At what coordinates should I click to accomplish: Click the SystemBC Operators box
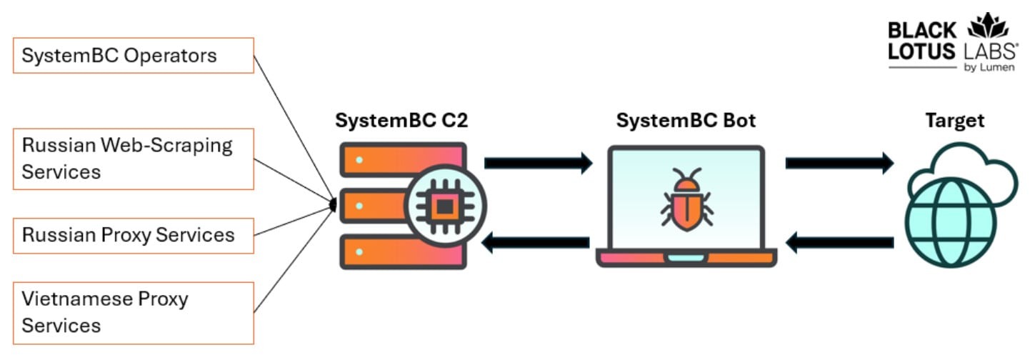coord(134,55)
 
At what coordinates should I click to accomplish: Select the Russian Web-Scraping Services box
coord(134,159)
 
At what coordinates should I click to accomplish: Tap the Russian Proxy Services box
coord(134,235)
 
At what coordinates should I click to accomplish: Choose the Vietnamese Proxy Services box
coord(134,312)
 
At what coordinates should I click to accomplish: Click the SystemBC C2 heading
coord(401,121)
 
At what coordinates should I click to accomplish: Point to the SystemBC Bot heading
coord(686,121)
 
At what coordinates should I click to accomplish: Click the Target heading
coord(955,121)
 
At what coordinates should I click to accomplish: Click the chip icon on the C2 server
coord(444,206)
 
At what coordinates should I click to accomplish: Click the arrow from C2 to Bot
coord(539,163)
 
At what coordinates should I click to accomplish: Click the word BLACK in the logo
coord(921,31)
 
